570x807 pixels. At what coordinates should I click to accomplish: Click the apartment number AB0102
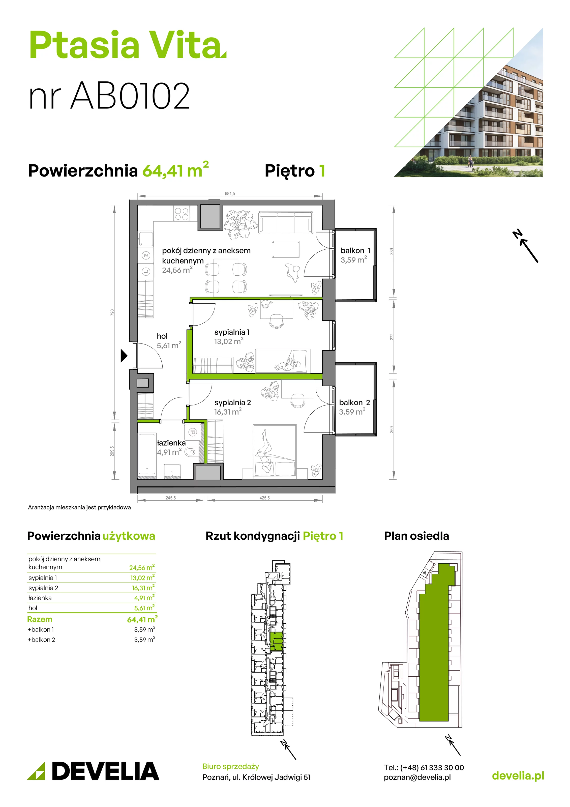pyautogui.click(x=130, y=96)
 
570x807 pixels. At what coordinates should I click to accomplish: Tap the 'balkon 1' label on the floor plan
pyautogui.click(x=355, y=251)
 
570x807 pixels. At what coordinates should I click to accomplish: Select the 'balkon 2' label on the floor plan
pyautogui.click(x=354, y=402)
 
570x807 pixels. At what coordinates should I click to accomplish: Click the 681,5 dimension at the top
pyautogui.click(x=230, y=194)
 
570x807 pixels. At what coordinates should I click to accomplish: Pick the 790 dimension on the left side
pyautogui.click(x=112, y=312)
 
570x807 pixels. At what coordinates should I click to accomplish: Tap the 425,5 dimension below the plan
pyautogui.click(x=265, y=498)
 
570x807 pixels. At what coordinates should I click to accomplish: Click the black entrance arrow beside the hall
pyautogui.click(x=124, y=355)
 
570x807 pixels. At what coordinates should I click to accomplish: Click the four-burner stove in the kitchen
pyautogui.click(x=181, y=214)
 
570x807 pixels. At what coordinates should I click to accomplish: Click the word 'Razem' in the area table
pyautogui.click(x=40, y=619)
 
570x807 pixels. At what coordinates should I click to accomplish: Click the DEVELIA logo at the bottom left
pyautogui.click(x=93, y=771)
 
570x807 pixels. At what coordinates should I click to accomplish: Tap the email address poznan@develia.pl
pyautogui.click(x=417, y=777)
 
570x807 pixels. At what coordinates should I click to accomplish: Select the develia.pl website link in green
pyautogui.click(x=518, y=775)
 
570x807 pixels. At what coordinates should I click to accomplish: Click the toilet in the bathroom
pyautogui.click(x=190, y=452)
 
